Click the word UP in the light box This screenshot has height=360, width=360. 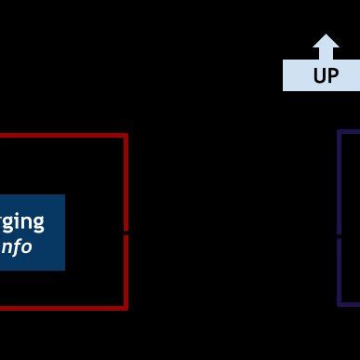[326, 75]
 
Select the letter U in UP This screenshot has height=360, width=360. [319, 75]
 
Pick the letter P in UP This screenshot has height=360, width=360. [333, 75]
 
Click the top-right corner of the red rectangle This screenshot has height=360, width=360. [126, 136]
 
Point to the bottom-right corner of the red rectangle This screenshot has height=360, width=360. [126, 306]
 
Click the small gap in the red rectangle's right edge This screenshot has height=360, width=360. [126, 232]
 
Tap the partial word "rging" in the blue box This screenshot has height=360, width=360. [20, 221]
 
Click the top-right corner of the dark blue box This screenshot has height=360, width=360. [64, 195]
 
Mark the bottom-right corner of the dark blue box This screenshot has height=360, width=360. [64, 270]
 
